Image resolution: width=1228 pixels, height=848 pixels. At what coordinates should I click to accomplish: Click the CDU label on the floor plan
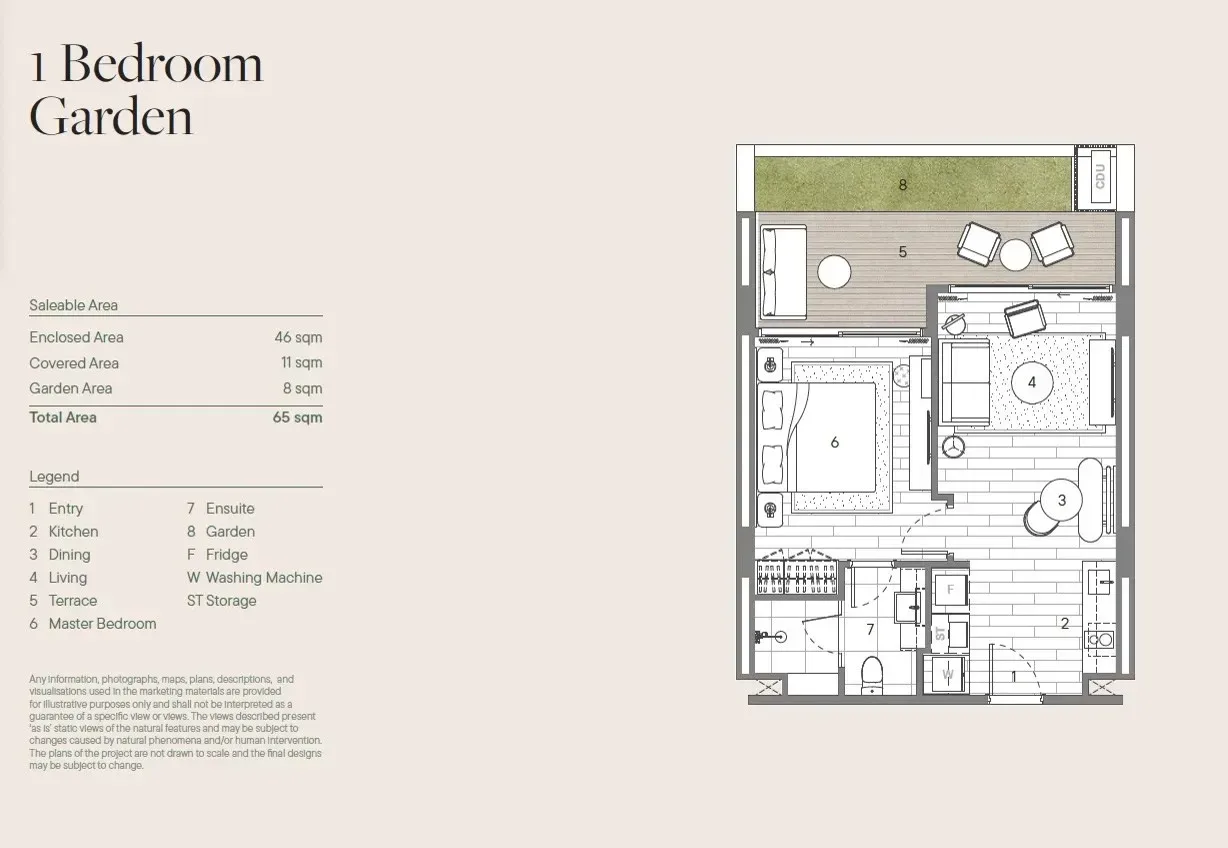(1100, 177)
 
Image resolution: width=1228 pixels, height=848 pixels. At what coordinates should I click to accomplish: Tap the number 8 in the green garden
(902, 185)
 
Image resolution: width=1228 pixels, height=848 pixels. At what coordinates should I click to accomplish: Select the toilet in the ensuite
(871, 675)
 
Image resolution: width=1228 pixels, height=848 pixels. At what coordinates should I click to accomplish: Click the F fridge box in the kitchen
(951, 589)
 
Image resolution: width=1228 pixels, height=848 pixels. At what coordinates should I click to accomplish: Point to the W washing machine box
(947, 674)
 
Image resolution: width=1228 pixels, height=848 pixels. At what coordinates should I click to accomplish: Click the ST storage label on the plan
(941, 634)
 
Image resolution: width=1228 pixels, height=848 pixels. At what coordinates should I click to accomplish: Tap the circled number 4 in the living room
(1032, 382)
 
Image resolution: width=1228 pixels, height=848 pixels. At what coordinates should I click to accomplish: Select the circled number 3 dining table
(1061, 500)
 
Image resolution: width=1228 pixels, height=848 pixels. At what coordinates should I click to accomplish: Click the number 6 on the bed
(834, 442)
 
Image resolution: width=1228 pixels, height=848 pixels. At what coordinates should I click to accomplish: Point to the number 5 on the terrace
(902, 252)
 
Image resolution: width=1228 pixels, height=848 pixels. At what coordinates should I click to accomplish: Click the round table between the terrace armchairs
(1015, 255)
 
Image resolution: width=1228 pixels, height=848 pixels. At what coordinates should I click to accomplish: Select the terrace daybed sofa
(783, 272)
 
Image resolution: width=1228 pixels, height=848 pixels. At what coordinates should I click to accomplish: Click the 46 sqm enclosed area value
(298, 337)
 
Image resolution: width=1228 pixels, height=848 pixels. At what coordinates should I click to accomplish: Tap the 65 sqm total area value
(297, 417)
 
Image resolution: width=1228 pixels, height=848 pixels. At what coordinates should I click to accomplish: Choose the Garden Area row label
(71, 388)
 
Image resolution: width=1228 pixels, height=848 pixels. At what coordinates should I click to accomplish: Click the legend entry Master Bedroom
(103, 623)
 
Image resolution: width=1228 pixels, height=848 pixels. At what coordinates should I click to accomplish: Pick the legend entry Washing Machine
(264, 577)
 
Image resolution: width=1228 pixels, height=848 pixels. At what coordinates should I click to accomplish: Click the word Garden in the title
(111, 116)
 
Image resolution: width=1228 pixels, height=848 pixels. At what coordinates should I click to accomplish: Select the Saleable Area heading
(73, 305)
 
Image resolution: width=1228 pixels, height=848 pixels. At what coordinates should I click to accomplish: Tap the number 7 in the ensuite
(870, 629)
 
